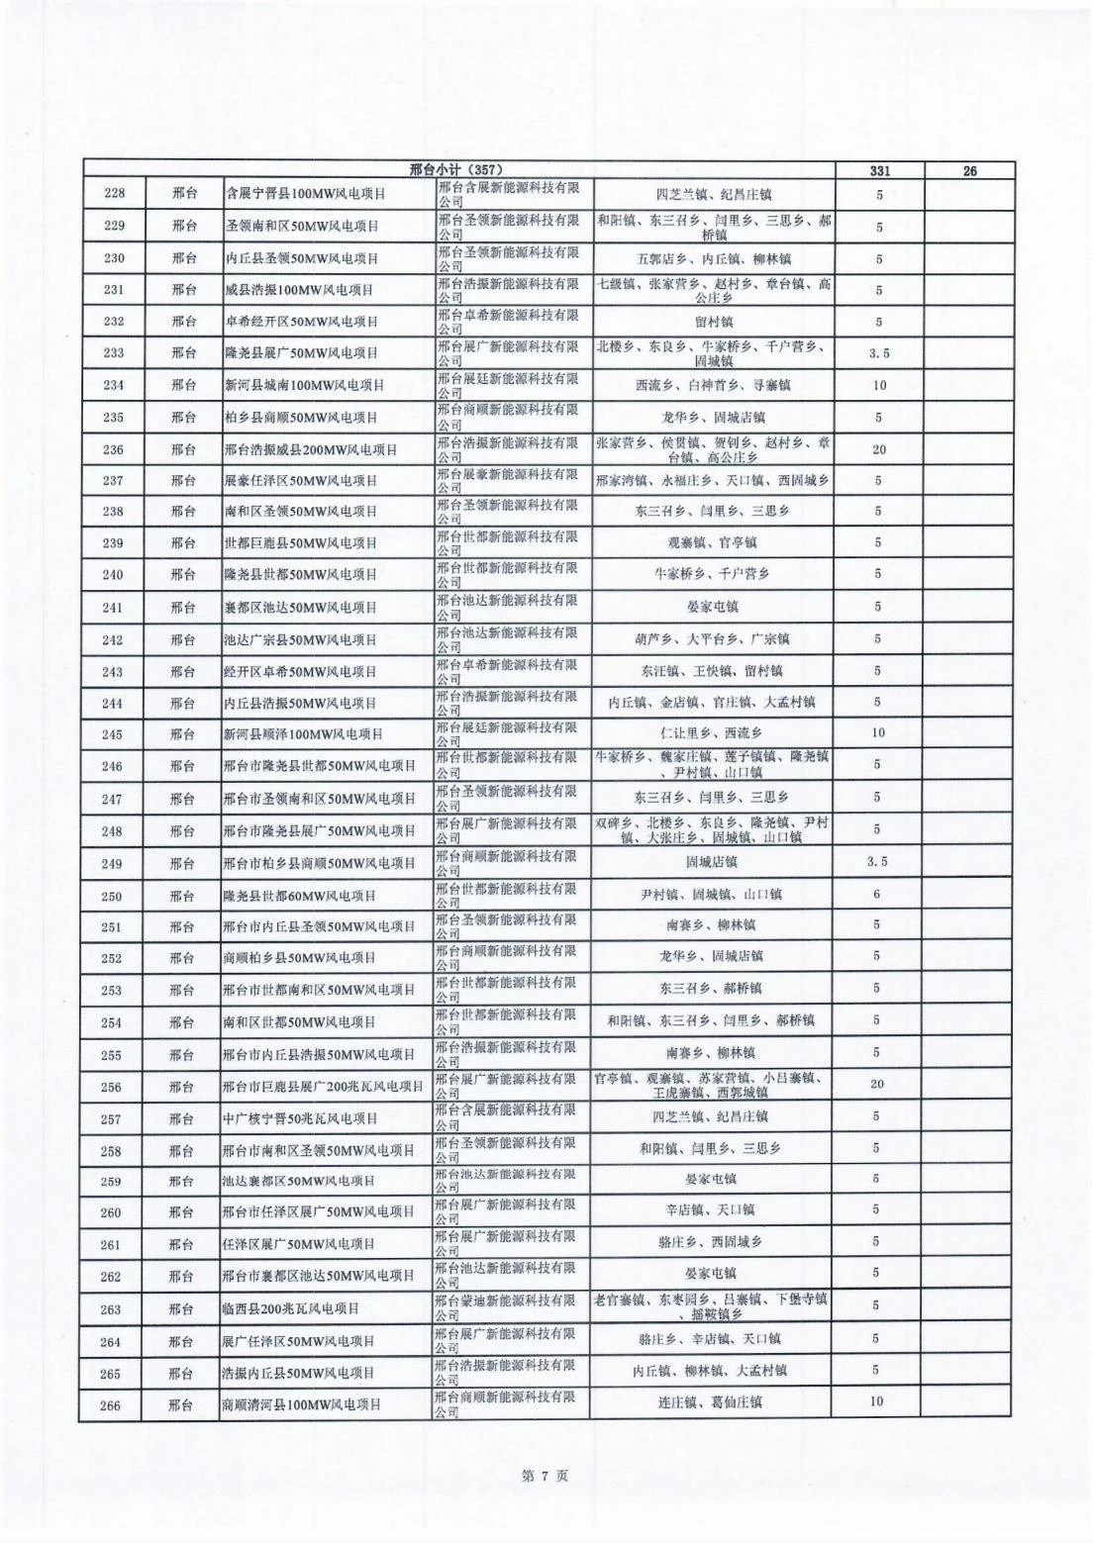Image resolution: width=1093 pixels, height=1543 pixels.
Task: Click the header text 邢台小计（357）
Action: tap(462, 170)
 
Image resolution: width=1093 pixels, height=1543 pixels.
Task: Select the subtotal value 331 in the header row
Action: tap(879, 170)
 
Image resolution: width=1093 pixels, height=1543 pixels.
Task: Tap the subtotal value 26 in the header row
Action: tap(969, 170)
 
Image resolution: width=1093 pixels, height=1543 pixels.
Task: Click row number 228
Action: tap(114, 194)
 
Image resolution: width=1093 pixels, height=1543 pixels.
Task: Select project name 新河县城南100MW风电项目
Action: tap(304, 385)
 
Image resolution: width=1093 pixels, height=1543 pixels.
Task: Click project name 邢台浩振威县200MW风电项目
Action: tap(311, 449)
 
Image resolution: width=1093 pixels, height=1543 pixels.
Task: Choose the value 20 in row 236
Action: tap(878, 449)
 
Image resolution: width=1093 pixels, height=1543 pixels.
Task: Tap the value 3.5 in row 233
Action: tap(878, 353)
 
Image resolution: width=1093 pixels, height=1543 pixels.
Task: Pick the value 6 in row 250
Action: tap(877, 895)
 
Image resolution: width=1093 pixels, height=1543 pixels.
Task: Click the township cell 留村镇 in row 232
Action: tap(712, 322)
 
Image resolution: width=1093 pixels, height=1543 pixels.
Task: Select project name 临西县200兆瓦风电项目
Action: tap(291, 1308)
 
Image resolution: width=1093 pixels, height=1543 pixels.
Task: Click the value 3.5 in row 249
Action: tap(877, 862)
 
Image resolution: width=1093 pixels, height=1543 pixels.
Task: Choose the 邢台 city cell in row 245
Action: tap(183, 734)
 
